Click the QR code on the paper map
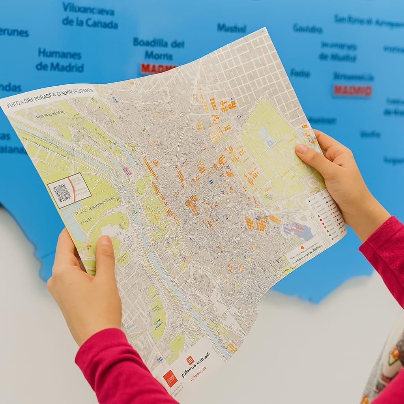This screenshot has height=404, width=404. coord(62,193)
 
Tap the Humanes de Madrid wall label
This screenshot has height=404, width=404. coord(60,60)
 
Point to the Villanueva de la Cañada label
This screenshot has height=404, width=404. coord(90,15)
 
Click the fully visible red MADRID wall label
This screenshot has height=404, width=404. coord(352,90)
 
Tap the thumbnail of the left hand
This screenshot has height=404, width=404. coord(105,241)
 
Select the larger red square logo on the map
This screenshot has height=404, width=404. coord(170,378)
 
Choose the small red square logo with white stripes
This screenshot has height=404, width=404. coord(190,360)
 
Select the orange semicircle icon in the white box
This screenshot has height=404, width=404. coord(303,247)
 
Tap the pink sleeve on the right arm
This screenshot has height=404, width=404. coord(385,252)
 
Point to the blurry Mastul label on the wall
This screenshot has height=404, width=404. coord(232,28)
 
